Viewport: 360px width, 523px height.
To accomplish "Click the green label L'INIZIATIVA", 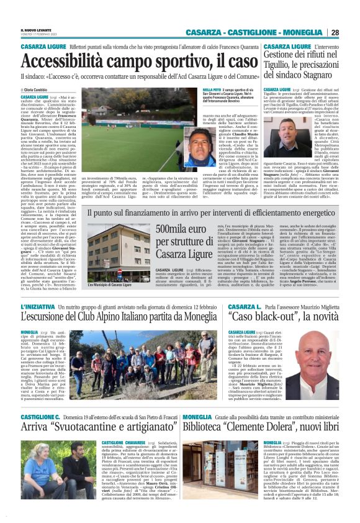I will click(38, 307).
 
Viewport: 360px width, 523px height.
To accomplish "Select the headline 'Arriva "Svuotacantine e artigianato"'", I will click(91, 443).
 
